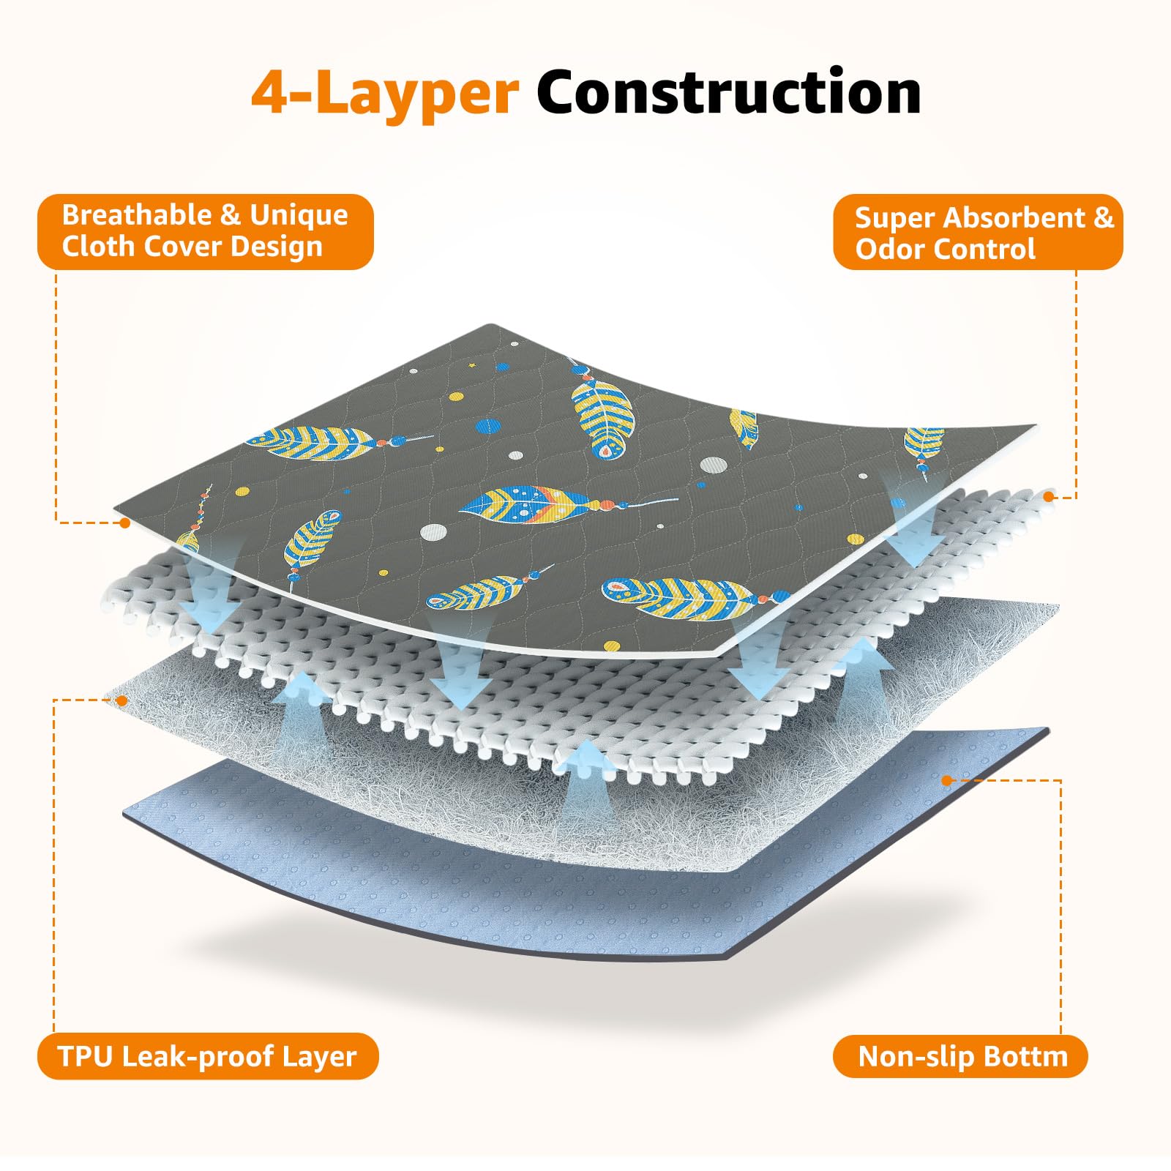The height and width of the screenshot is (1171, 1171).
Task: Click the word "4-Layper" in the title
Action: (385, 94)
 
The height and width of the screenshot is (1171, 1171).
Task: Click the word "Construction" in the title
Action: (728, 92)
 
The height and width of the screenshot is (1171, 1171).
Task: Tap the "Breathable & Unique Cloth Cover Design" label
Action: (205, 231)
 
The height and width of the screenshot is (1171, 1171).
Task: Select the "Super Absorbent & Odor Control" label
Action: (978, 233)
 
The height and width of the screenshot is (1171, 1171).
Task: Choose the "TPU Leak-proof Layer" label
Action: (207, 1056)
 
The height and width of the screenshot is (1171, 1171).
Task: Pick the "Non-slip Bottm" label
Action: (960, 1056)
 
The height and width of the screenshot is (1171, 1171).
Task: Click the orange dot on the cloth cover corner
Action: (125, 523)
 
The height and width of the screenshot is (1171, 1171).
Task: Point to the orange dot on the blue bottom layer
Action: (947, 781)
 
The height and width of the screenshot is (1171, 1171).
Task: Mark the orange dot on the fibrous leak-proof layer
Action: (122, 700)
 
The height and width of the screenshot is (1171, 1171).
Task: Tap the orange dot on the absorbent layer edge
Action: (1048, 497)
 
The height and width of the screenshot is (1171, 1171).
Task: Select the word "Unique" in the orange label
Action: (299, 215)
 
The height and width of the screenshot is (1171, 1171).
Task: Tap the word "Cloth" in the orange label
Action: (91, 247)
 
